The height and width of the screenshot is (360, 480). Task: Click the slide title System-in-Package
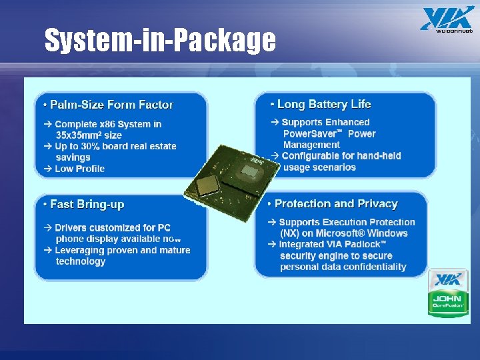point(159,40)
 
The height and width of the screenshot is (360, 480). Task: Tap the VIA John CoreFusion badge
point(447,293)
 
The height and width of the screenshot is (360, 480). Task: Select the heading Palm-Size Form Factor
point(111,105)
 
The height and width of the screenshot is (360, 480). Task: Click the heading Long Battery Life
point(324,104)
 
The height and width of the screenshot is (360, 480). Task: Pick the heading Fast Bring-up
point(87,204)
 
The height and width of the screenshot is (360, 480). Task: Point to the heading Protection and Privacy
point(336,204)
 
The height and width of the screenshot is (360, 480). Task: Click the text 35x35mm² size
point(89,135)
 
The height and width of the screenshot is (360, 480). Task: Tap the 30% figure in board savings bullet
point(93,146)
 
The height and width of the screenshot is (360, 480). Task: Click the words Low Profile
point(80,169)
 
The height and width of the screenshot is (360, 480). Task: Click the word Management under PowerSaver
point(311,145)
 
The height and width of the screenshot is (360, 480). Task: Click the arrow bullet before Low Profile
point(48,169)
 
